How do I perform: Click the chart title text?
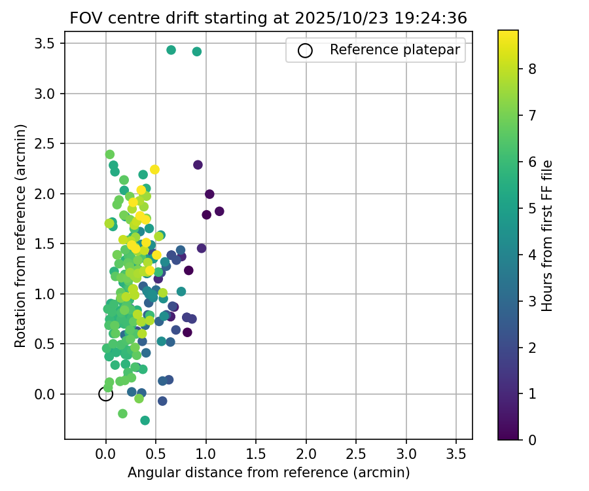[x=268, y=18]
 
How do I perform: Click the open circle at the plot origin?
[x=105, y=393]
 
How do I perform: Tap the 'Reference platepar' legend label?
[x=395, y=50]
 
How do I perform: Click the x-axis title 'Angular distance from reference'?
[x=268, y=473]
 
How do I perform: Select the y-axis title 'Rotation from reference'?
[x=20, y=236]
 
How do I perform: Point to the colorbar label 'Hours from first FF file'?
[x=548, y=236]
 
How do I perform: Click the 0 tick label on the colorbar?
[x=533, y=439]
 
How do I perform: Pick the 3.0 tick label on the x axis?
[x=406, y=453]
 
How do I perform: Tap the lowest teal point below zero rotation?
[x=145, y=420]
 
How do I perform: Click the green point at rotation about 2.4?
[x=110, y=155]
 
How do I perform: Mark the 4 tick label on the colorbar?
[x=533, y=254]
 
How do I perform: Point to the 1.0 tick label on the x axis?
[x=206, y=453]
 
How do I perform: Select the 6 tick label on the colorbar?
[x=533, y=161]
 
